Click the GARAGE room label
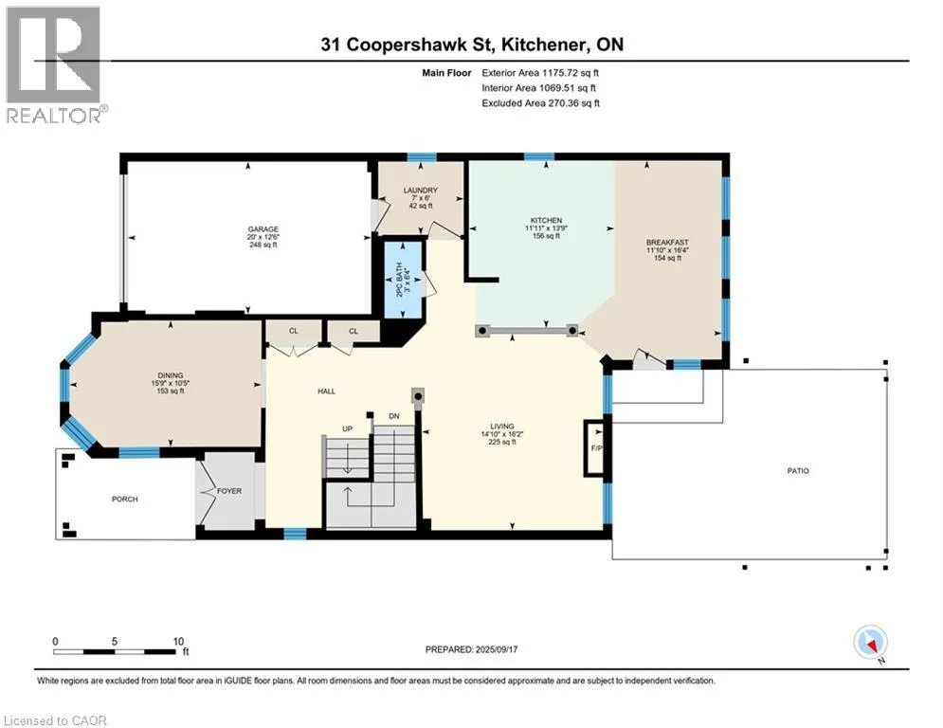pyautogui.click(x=263, y=229)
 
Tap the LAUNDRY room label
pyautogui.click(x=421, y=191)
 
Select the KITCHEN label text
pyautogui.click(x=546, y=221)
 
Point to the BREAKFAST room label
pyautogui.click(x=667, y=243)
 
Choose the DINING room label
pyautogui.click(x=171, y=375)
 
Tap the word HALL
pyautogui.click(x=327, y=391)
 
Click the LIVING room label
pyautogui.click(x=502, y=426)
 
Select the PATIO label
pyautogui.click(x=798, y=470)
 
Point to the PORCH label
pyautogui.click(x=125, y=499)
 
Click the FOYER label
pyautogui.click(x=229, y=491)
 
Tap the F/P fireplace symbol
pyautogui.click(x=595, y=447)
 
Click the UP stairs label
pyautogui.click(x=347, y=429)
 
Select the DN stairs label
pyautogui.click(x=394, y=416)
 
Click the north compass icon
pyautogui.click(x=870, y=643)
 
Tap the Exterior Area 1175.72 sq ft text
pyautogui.click(x=540, y=73)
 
